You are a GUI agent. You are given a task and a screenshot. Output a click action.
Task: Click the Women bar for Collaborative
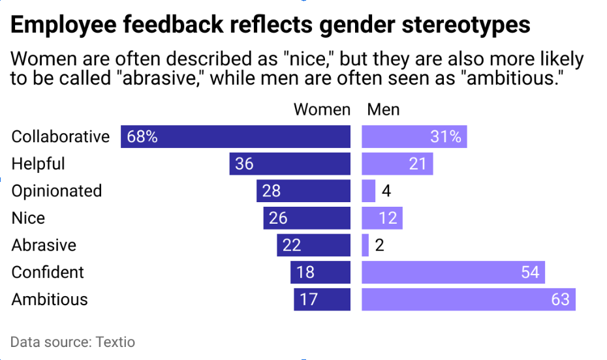[235, 136]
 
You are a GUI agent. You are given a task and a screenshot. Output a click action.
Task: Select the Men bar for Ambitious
[468, 299]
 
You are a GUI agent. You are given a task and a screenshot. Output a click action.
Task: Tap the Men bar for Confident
[453, 272]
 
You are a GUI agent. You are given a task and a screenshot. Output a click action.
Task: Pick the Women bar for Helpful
[290, 164]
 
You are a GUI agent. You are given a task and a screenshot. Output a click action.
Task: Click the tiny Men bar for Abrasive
[365, 245]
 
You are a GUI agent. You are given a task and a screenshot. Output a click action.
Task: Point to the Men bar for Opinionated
[368, 191]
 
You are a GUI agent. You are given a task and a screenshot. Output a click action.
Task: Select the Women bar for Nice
[307, 218]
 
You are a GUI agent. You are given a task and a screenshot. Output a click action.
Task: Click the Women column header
[322, 110]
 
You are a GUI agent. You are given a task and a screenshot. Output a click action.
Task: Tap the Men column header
[383, 110]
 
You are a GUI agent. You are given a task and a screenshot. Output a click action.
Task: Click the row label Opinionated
[57, 191]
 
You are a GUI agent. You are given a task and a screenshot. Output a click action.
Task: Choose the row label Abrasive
[44, 245]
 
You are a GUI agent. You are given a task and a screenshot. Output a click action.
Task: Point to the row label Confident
[48, 272]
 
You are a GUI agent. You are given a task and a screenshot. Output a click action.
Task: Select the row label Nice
[28, 218]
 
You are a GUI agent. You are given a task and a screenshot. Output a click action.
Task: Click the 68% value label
[142, 137]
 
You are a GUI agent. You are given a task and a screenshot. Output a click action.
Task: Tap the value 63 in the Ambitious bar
[559, 299]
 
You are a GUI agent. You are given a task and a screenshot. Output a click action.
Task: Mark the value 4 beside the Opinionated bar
[386, 191]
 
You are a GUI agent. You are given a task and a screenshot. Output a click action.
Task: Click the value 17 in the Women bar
[308, 299]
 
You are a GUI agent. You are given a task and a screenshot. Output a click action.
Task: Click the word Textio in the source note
[115, 342]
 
